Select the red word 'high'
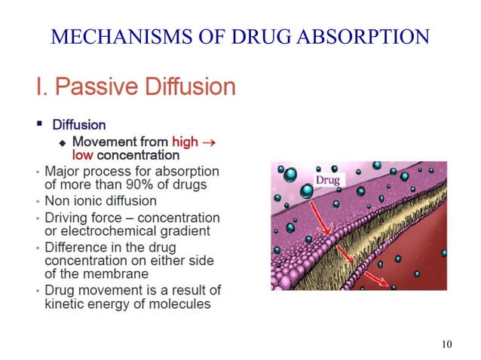tap(185, 141)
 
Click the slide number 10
tap(446, 345)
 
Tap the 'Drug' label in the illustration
tap(327, 179)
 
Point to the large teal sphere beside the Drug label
tap(308, 192)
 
